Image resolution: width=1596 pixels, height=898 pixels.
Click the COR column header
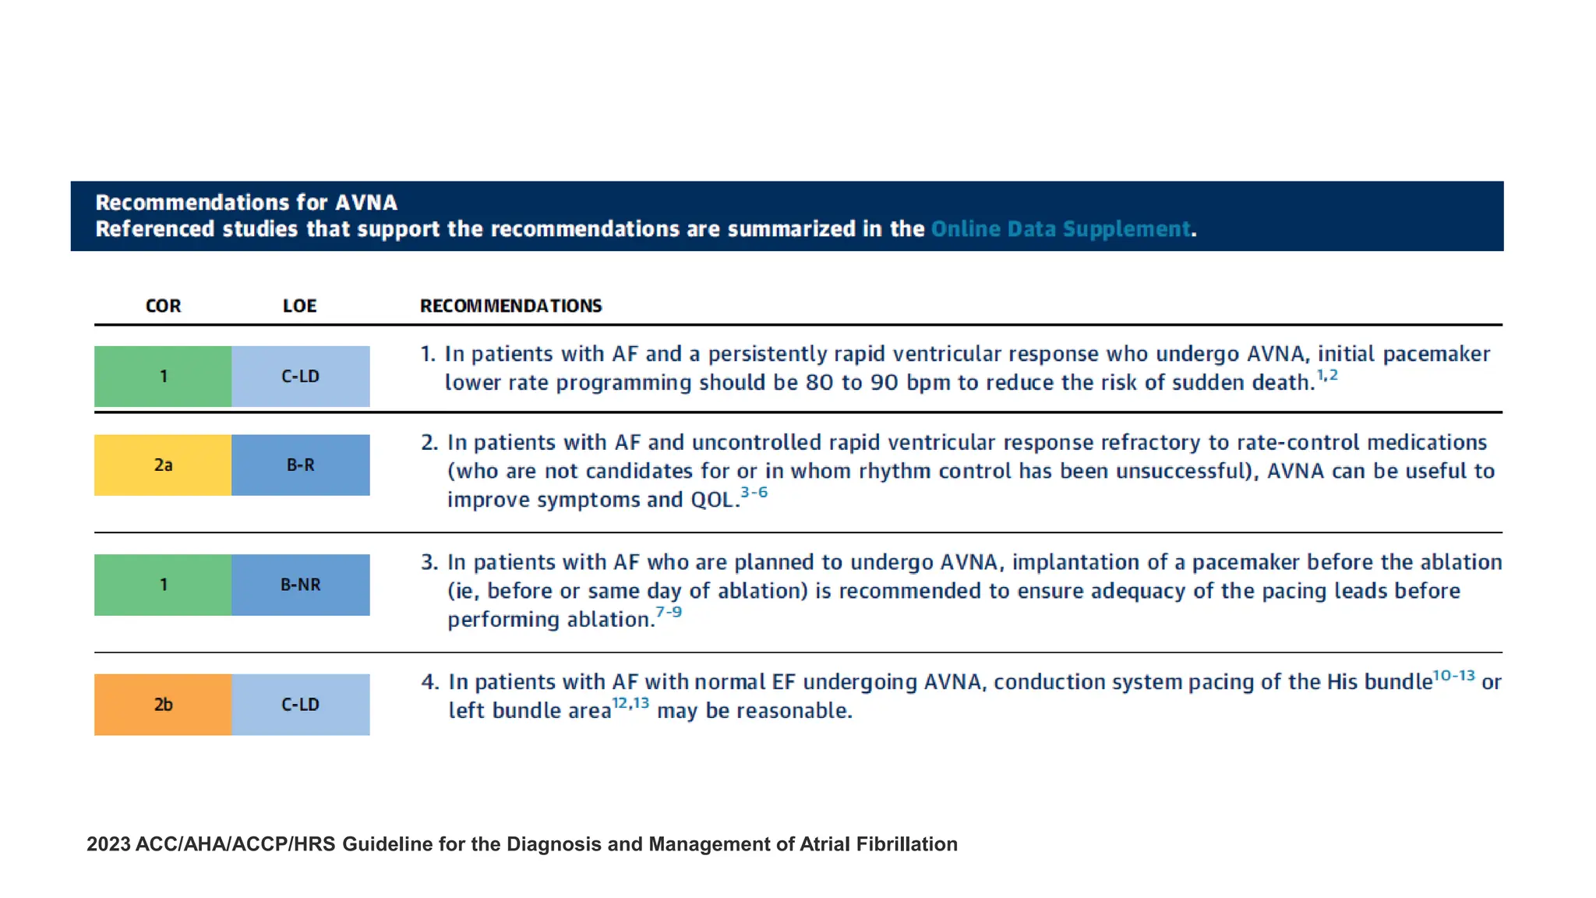tap(163, 306)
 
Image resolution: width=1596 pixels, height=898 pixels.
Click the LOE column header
tap(299, 306)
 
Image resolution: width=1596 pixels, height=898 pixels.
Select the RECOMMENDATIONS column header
tap(510, 306)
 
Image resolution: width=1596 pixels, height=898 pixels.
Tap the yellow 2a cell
tap(163, 465)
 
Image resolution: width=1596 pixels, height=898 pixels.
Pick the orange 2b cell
tap(163, 705)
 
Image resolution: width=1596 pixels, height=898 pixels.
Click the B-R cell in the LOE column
tap(300, 465)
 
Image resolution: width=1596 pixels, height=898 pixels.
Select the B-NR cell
tap(300, 585)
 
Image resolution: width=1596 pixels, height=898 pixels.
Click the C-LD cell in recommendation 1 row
tap(300, 377)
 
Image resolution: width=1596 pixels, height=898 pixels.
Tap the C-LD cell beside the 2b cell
tap(300, 705)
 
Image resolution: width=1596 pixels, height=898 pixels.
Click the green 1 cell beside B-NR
tap(163, 585)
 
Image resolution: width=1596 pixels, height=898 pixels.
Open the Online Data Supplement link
tap(1060, 229)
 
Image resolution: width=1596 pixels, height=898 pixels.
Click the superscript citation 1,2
tap(1327, 376)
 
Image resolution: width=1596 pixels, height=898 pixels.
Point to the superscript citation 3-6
tap(754, 493)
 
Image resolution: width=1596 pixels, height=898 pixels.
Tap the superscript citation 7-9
tap(669, 613)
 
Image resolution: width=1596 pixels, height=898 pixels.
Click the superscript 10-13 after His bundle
tap(1453, 676)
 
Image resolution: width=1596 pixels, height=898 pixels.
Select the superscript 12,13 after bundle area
tap(630, 704)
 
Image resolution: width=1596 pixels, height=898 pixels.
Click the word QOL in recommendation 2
tap(712, 500)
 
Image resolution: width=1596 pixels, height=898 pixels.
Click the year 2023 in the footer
tap(108, 844)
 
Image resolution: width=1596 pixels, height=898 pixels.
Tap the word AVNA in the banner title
tap(366, 203)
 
